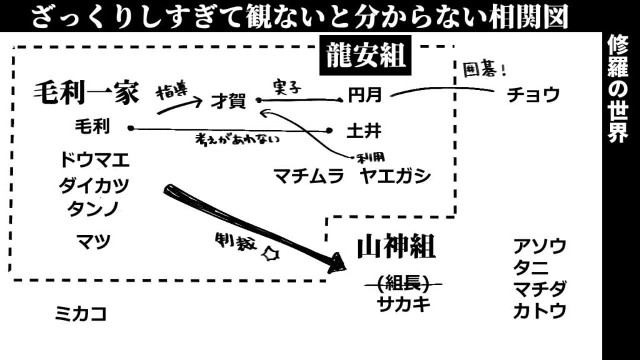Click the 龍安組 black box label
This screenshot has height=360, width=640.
(x=366, y=57)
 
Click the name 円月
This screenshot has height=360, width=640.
(x=365, y=96)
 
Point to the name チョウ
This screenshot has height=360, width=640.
(x=533, y=95)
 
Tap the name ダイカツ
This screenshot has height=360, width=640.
(x=94, y=186)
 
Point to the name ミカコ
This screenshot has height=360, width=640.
(x=81, y=313)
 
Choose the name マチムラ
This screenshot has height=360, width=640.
(x=309, y=176)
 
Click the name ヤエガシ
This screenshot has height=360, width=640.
(x=396, y=176)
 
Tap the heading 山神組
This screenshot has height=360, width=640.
(x=396, y=248)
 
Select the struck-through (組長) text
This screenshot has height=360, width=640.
(x=403, y=284)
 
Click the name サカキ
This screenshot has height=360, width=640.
(x=404, y=305)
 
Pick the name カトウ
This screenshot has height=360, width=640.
(x=540, y=310)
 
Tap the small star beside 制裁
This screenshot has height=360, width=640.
(x=271, y=255)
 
